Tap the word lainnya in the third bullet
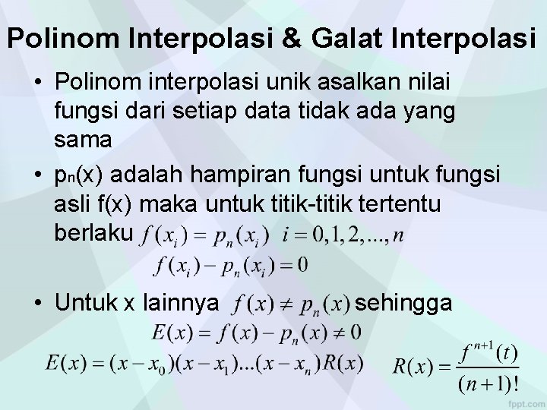coord(175,304)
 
